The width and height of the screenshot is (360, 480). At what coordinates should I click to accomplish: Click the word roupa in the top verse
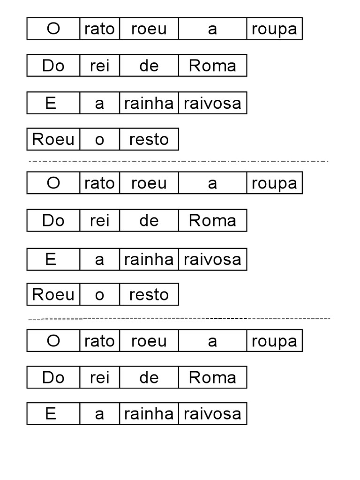274,30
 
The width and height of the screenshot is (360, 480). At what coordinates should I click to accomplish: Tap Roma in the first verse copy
212,66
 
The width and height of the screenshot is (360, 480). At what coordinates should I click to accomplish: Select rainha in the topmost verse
149,103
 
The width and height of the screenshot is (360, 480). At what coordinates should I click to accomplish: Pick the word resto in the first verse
149,140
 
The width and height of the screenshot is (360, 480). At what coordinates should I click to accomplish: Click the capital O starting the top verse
53,29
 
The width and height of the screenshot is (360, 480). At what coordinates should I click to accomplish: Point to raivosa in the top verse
212,103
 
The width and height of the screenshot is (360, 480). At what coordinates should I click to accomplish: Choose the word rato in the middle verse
99,183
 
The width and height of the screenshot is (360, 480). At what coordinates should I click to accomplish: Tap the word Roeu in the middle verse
53,294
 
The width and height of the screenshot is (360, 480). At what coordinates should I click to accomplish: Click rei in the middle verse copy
99,220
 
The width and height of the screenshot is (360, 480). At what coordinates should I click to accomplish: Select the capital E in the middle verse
51,259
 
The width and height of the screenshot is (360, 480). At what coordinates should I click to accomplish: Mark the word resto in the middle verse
149,295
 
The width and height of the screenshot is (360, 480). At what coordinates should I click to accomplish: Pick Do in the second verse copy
53,220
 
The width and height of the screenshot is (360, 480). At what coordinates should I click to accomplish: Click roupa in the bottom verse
274,342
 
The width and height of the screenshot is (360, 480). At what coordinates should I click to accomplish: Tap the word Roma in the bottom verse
212,377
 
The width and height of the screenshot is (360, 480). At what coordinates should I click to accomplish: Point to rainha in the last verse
149,414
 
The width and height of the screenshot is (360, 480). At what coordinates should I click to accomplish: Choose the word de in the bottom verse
149,377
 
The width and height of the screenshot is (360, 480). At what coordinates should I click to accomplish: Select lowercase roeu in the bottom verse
149,341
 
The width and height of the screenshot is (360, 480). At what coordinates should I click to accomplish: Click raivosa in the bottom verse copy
212,414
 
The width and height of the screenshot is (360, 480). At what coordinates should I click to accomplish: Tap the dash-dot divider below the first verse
179,161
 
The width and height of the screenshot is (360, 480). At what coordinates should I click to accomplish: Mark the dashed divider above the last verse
180,319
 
